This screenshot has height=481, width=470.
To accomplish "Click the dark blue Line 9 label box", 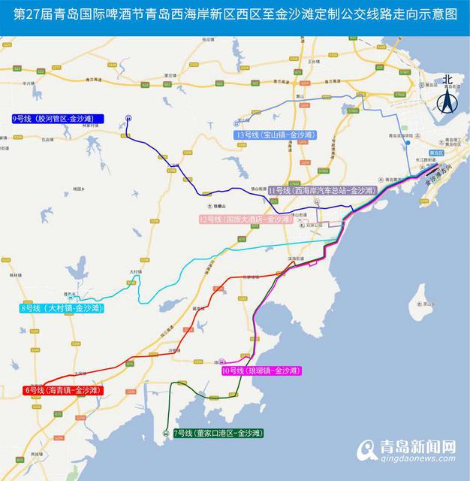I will [x=58, y=119].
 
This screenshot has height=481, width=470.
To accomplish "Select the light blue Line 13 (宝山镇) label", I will [x=275, y=135].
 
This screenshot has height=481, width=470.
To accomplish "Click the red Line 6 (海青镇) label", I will [x=62, y=390].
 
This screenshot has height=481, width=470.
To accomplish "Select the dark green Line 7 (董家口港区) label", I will [x=218, y=434].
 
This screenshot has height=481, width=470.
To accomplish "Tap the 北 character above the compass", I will [x=448, y=80].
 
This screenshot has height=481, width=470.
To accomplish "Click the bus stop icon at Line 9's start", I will [x=128, y=118].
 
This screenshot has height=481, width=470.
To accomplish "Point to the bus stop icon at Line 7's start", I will [x=165, y=433].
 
